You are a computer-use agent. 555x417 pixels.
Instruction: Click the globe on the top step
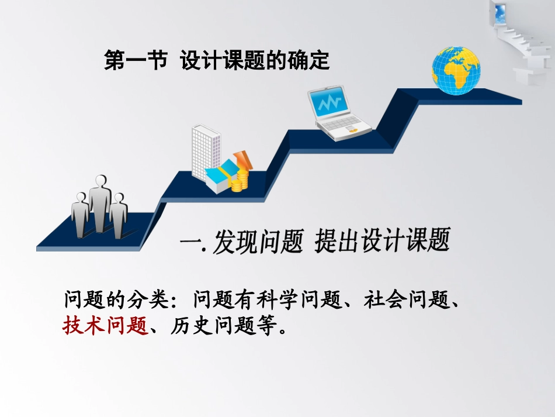(x=456, y=67)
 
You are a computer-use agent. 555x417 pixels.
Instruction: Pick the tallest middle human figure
(x=100, y=202)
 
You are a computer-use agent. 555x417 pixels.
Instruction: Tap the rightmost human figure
(x=119, y=215)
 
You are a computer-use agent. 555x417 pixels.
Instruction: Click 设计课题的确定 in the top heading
(x=255, y=61)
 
